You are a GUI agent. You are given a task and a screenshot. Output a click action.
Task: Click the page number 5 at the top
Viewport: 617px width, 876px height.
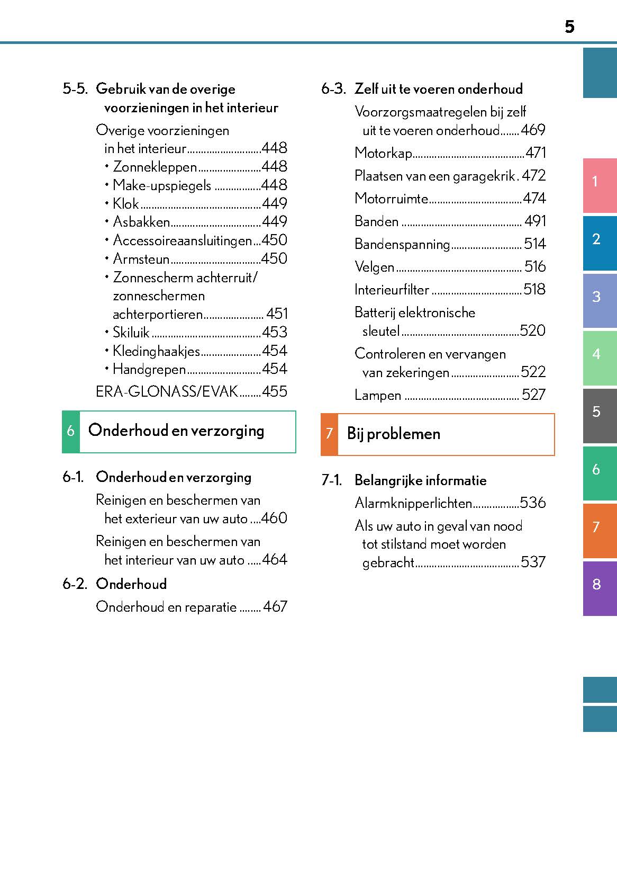(x=569, y=26)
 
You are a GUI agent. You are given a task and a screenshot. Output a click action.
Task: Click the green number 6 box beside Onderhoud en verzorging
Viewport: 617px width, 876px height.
(x=71, y=432)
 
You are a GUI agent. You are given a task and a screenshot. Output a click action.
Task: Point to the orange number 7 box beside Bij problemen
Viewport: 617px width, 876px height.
(x=329, y=434)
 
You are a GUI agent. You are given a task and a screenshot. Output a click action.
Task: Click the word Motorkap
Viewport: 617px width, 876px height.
(x=383, y=154)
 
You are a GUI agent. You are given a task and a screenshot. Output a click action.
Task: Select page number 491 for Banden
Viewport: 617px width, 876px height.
(x=535, y=221)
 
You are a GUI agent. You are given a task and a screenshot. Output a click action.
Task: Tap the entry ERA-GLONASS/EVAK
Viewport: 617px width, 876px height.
(x=167, y=392)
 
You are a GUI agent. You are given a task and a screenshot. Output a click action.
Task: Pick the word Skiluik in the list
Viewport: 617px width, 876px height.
(x=131, y=333)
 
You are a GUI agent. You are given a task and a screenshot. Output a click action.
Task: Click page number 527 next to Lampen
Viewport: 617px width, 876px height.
(x=533, y=395)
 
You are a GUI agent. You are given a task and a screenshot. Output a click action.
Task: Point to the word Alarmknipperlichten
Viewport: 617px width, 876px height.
(x=413, y=503)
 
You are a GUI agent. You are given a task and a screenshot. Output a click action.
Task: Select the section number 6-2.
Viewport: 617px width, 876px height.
(x=75, y=584)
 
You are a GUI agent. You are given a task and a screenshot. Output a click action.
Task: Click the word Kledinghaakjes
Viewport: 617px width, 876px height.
(x=157, y=351)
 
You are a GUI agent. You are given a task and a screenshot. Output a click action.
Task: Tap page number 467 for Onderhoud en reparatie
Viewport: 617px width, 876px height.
(x=275, y=607)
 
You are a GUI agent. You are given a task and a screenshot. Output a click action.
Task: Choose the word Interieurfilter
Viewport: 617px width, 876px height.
(x=392, y=290)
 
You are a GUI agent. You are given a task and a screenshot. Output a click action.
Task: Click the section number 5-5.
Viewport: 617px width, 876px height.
(x=75, y=89)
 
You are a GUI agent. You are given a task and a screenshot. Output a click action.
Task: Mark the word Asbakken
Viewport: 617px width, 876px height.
(x=141, y=222)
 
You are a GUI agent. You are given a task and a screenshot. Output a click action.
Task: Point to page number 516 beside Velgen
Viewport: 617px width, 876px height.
(x=535, y=267)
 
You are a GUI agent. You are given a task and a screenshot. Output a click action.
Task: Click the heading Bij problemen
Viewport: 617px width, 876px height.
(x=394, y=434)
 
